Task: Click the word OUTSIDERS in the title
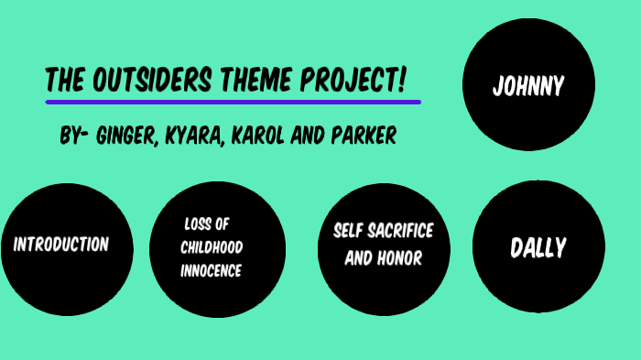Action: click(150, 82)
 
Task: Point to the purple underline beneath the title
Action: click(233, 102)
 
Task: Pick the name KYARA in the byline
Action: click(197, 137)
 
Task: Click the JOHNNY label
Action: click(528, 87)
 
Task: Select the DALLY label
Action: click(538, 247)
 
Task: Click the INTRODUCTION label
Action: click(61, 245)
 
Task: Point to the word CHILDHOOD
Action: click(212, 247)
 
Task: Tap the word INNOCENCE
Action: click(211, 271)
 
